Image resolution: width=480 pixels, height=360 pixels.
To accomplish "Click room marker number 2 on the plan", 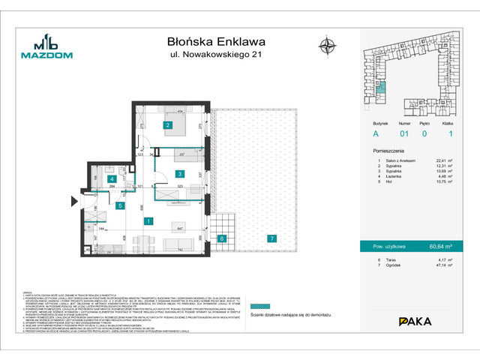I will click(167, 125).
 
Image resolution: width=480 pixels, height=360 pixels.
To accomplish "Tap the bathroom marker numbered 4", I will click(111, 180).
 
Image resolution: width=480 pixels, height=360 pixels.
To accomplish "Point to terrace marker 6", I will click(221, 238).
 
